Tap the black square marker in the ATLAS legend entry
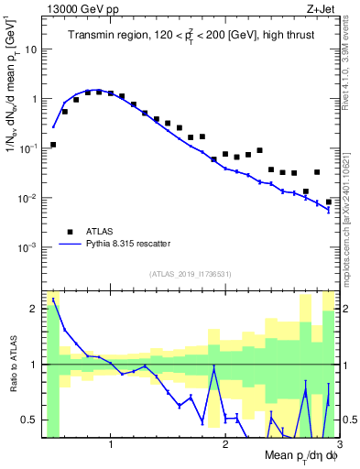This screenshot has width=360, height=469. click(x=70, y=232)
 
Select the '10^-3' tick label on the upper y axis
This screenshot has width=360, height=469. click(x=27, y=248)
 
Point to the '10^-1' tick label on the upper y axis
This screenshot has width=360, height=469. click(x=27, y=148)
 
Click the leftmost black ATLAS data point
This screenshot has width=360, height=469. click(x=53, y=145)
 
